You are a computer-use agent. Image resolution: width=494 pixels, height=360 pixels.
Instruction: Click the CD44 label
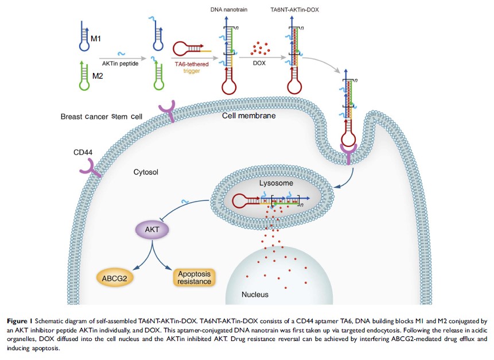coord(83,152)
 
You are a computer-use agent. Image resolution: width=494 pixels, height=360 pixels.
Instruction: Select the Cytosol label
coord(145,171)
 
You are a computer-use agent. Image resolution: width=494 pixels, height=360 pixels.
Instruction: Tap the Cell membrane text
coord(248,115)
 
